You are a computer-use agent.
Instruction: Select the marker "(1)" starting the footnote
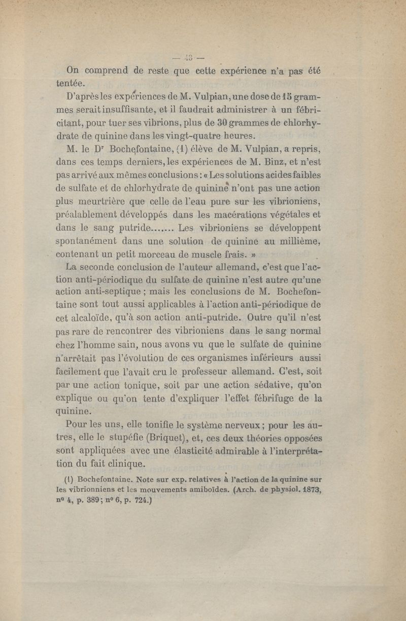(70, 479)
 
